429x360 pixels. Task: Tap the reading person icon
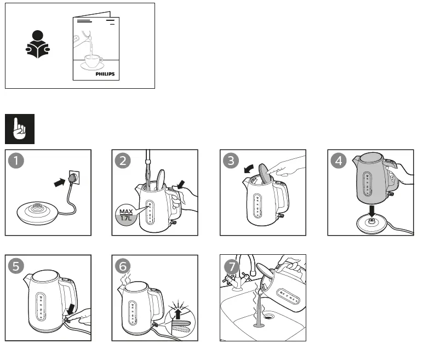point(38,45)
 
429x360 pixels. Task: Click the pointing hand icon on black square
point(20,129)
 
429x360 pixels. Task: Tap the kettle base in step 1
point(37,211)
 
